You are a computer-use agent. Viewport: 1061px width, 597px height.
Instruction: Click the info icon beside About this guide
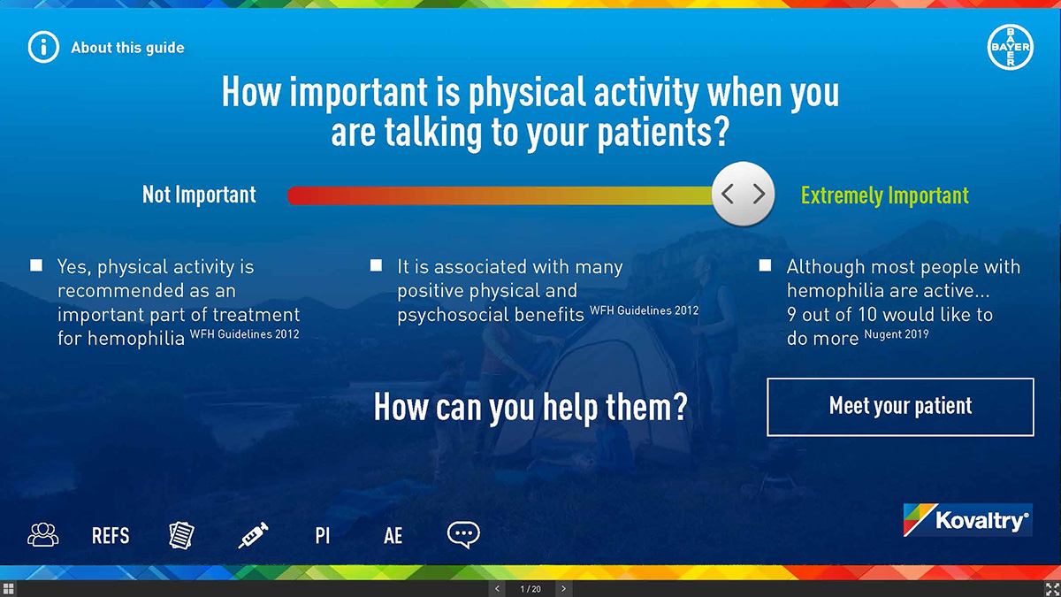click(x=43, y=48)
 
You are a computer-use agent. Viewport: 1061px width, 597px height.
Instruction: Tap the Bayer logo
click(x=1011, y=47)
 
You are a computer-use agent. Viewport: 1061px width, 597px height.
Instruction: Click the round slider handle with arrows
click(x=744, y=194)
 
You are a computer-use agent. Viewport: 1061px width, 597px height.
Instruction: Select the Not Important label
click(x=199, y=195)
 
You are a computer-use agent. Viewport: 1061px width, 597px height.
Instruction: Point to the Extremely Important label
click(x=885, y=195)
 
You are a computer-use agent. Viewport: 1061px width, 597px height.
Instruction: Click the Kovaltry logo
click(x=967, y=520)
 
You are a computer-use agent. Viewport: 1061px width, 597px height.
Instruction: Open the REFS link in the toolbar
click(x=111, y=536)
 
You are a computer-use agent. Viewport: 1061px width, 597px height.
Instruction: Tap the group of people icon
click(x=43, y=535)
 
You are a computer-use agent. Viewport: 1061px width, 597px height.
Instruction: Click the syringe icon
click(x=253, y=535)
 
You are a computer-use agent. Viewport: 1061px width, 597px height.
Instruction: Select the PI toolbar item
click(x=323, y=536)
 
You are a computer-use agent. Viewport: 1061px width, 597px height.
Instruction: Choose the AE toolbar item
click(x=393, y=536)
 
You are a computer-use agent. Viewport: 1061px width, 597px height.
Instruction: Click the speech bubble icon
click(x=463, y=535)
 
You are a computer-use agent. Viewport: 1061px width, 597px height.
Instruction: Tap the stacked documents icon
click(x=181, y=535)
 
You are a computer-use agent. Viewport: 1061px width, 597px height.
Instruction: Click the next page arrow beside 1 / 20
click(x=563, y=589)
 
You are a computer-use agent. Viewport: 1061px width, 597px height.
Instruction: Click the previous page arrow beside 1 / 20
click(x=497, y=589)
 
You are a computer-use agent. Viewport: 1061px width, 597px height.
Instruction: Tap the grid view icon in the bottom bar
click(x=8, y=589)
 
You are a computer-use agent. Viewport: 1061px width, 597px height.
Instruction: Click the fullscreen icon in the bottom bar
click(x=1052, y=589)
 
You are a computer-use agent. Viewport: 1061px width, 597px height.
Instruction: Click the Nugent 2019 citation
click(x=897, y=334)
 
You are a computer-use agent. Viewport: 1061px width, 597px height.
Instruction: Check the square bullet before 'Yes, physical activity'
click(x=36, y=264)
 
